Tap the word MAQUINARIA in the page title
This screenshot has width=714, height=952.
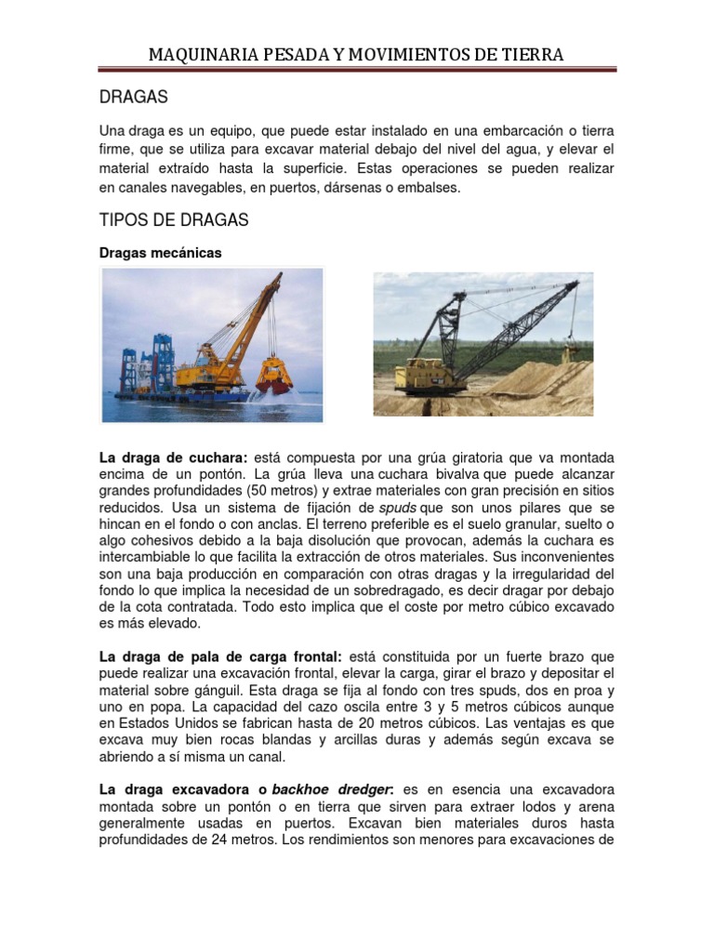coord(198,55)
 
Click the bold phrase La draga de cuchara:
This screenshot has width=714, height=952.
coord(173,459)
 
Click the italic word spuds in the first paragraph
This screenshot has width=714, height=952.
coord(398,508)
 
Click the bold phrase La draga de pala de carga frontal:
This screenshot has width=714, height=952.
coord(221,655)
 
